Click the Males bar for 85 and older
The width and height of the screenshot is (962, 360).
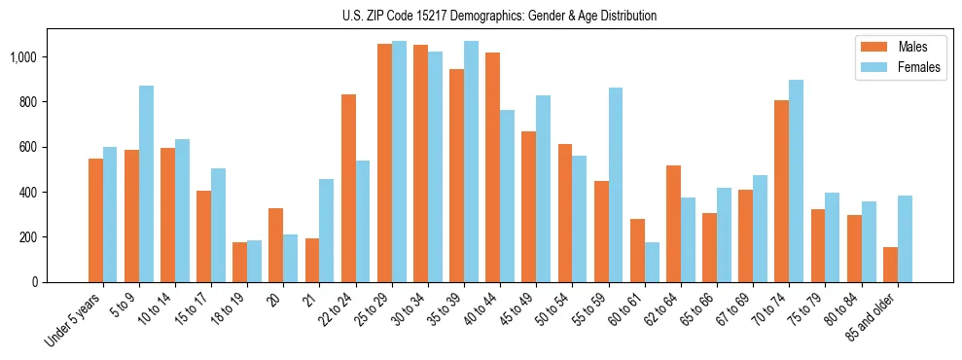(x=890, y=265)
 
